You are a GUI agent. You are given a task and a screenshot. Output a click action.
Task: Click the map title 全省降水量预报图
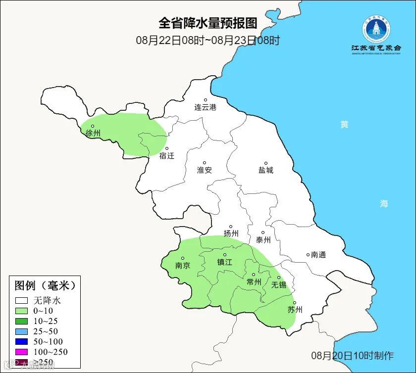pyautogui.click(x=208, y=23)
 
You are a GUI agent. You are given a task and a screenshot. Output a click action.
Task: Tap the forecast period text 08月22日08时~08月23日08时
pyautogui.click(x=208, y=40)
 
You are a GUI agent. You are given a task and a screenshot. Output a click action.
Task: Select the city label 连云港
pyautogui.click(x=205, y=107)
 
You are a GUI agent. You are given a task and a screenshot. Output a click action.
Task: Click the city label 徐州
pyautogui.click(x=93, y=133)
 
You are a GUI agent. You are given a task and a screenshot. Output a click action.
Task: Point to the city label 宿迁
pyautogui.click(x=167, y=155)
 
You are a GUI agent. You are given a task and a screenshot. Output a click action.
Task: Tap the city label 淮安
pyautogui.click(x=204, y=170)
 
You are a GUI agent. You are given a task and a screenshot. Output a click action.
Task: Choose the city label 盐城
pyautogui.click(x=265, y=170)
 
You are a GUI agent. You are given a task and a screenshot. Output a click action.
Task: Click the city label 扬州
pyautogui.click(x=231, y=233)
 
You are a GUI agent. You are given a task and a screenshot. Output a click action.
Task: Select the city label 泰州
pyautogui.click(x=263, y=239)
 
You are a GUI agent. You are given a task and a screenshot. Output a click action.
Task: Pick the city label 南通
pyautogui.click(x=318, y=255)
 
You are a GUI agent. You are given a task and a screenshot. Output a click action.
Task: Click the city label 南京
pyautogui.click(x=183, y=265)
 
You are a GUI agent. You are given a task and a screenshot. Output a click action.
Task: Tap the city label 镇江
pyautogui.click(x=224, y=262)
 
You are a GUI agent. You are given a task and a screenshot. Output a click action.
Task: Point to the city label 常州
pyautogui.click(x=254, y=281)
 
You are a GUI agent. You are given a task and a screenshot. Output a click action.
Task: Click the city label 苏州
pyautogui.click(x=295, y=310)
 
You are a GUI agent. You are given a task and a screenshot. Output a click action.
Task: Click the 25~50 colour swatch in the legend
pyautogui.click(x=21, y=331)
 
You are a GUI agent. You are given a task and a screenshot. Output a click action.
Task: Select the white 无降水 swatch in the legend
pyautogui.click(x=21, y=300)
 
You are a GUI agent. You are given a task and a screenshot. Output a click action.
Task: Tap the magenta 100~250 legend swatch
pyautogui.click(x=21, y=352)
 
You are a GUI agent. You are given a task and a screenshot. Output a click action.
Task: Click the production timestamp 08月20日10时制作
pyautogui.click(x=352, y=355)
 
